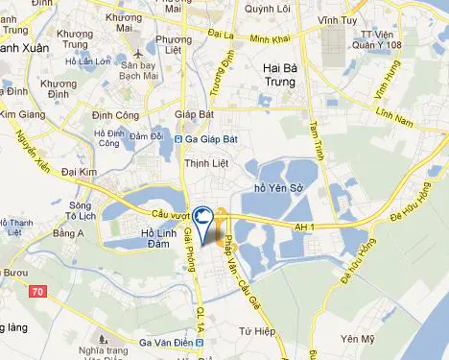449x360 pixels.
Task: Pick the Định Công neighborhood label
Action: click(x=116, y=115)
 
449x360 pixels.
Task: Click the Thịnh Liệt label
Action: click(x=203, y=164)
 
